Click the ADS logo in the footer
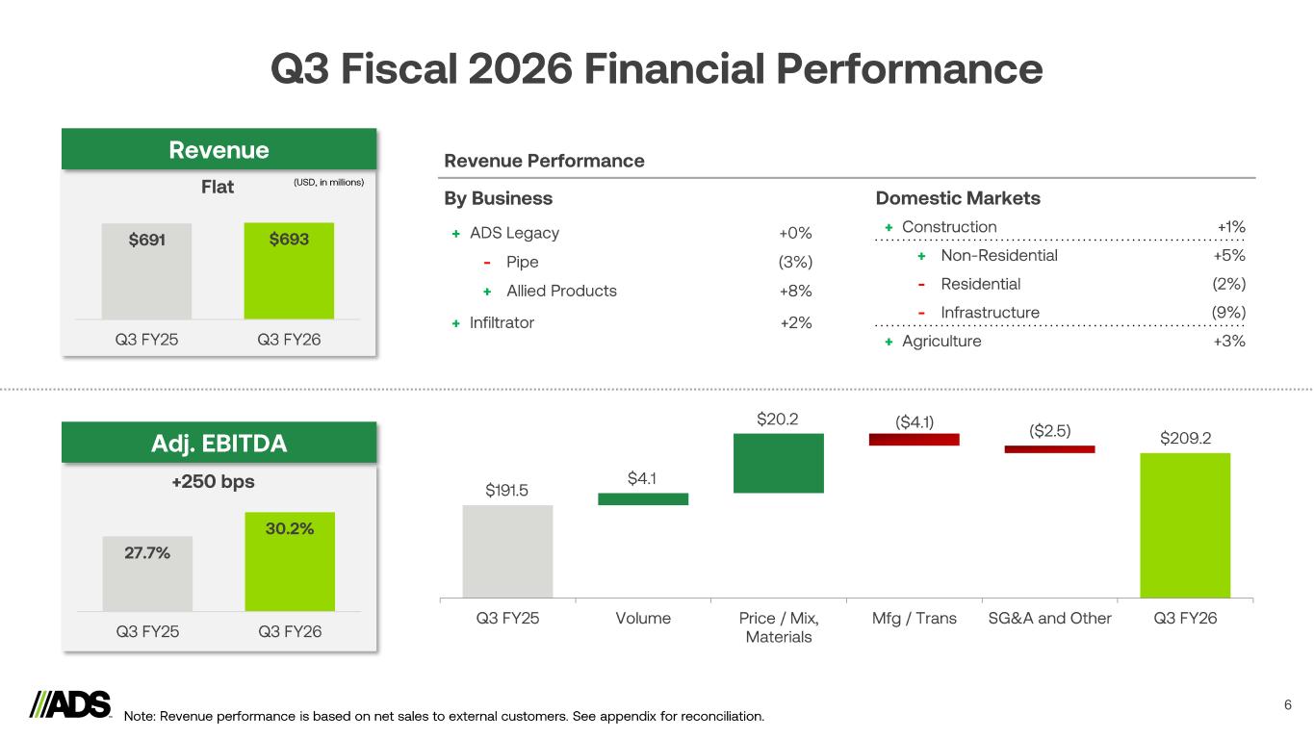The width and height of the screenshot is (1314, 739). pos(71,705)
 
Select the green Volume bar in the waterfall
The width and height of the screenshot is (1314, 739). pos(643,498)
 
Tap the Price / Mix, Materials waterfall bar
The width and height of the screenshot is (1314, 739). pos(778,463)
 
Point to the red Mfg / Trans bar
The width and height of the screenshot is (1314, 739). pos(914,439)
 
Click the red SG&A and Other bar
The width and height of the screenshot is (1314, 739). pos(1049,448)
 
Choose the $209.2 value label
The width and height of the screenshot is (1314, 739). pos(1185,438)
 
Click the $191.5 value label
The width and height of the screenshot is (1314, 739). pos(507,491)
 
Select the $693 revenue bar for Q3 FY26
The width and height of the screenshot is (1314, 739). pos(289,270)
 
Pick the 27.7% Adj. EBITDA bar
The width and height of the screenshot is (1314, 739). pos(147,573)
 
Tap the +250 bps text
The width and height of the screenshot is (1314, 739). pos(219,481)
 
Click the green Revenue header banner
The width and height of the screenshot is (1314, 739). pos(219,150)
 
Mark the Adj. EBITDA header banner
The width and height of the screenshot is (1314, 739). pos(219,444)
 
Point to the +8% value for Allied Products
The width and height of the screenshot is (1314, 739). pos(795,291)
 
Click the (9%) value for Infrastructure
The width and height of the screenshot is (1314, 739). pos(1228,313)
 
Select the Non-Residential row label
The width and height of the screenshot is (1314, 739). pos(999,256)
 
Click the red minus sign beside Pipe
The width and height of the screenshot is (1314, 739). pos(488,263)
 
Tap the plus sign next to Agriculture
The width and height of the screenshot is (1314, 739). pos(889,342)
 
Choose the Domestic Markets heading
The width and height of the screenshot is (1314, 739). pos(958,198)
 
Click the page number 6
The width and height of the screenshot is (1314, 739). pos(1288,705)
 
